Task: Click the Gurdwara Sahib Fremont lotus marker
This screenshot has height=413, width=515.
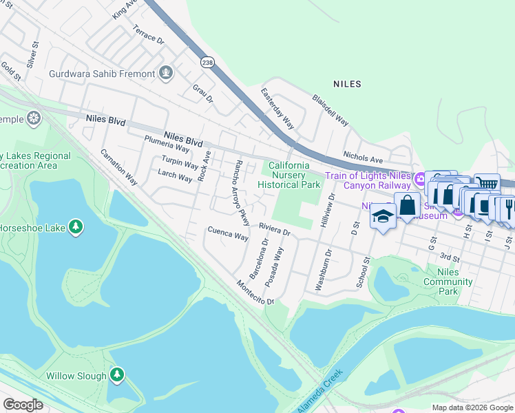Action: (165, 72)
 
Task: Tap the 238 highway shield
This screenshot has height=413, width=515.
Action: (208, 62)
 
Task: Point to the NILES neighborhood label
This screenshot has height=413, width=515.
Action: (347, 84)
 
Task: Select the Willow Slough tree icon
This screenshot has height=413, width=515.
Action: (117, 375)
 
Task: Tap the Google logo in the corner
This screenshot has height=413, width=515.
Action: (23, 405)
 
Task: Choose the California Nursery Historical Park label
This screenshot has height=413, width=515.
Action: (289, 175)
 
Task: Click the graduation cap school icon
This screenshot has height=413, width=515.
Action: (382, 218)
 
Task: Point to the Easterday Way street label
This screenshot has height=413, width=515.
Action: (277, 108)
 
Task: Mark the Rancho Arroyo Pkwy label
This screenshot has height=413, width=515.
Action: (238, 193)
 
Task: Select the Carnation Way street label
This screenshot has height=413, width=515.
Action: (118, 167)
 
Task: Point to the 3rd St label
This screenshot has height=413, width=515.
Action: (450, 257)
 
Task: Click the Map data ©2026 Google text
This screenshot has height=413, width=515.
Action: (472, 407)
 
